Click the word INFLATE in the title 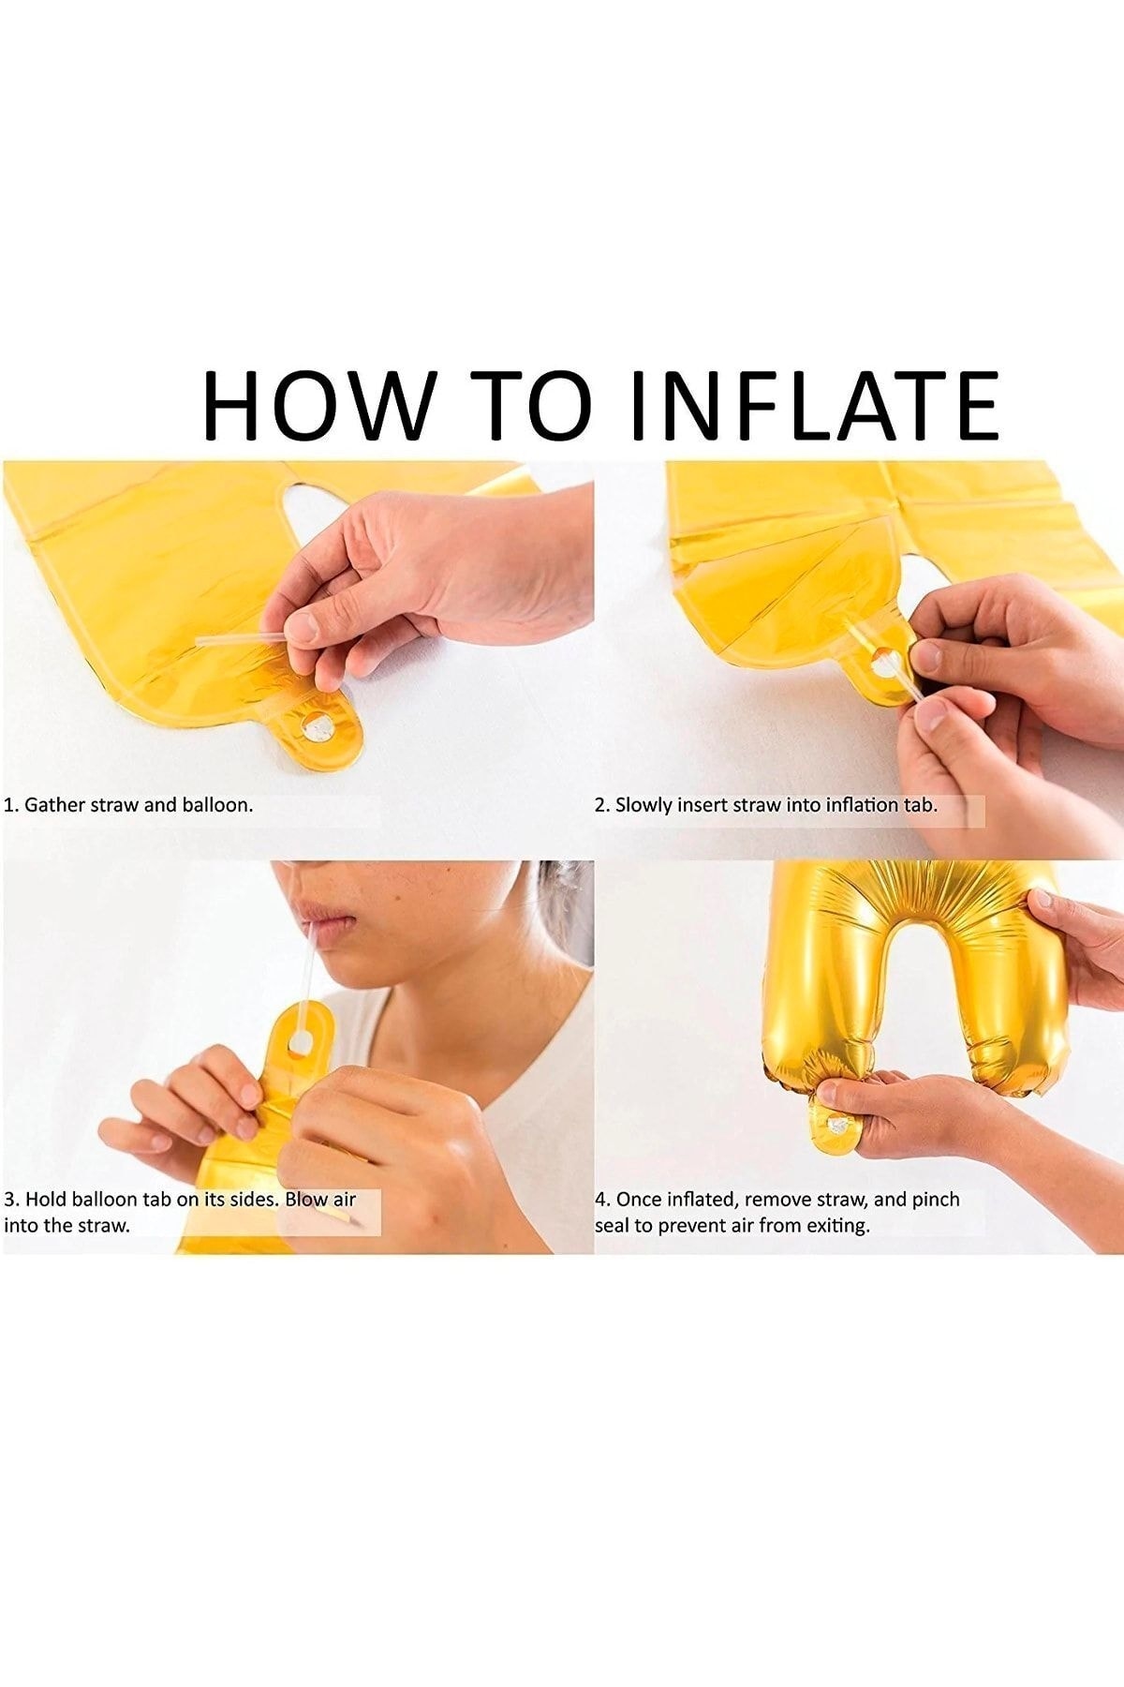coord(815,405)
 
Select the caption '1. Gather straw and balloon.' coord(129,804)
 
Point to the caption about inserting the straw coord(767,804)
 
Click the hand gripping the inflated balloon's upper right coord(1077,947)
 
